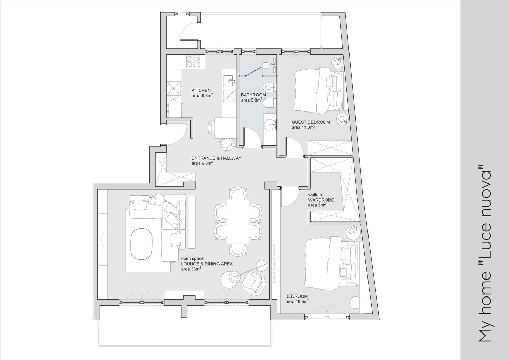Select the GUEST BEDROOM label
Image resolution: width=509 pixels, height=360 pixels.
[311, 122]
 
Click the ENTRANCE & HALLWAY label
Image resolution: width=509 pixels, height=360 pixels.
[216, 158]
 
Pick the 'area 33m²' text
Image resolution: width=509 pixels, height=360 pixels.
[191, 269]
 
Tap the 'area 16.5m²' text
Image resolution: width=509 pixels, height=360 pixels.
[297, 302]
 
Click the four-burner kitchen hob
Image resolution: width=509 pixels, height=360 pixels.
[193, 62]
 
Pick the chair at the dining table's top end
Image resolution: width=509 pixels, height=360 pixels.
[238, 194]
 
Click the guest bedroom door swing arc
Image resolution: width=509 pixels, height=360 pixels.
[295, 147]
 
